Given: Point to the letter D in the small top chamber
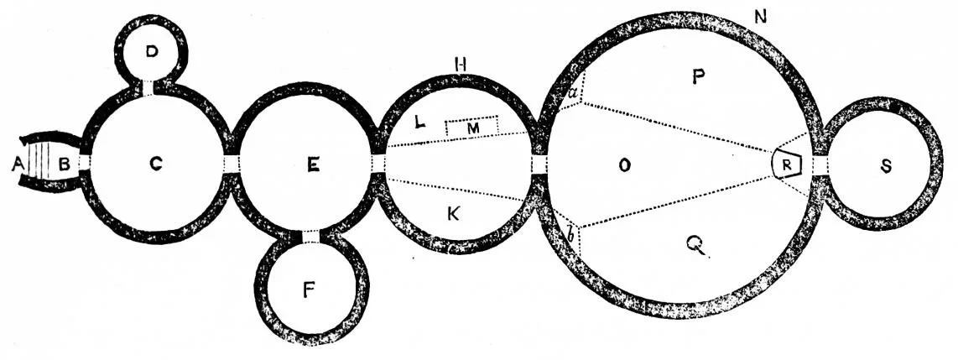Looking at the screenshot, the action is click(x=151, y=52).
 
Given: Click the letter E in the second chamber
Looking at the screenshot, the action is click(x=313, y=166).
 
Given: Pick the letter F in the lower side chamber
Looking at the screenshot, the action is click(x=310, y=291).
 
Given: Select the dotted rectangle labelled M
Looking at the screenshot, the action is click(x=472, y=127).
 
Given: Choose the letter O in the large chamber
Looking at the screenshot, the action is click(x=623, y=165).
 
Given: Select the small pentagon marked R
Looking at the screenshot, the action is click(x=785, y=164).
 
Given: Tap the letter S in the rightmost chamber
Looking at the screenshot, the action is click(x=886, y=167).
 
